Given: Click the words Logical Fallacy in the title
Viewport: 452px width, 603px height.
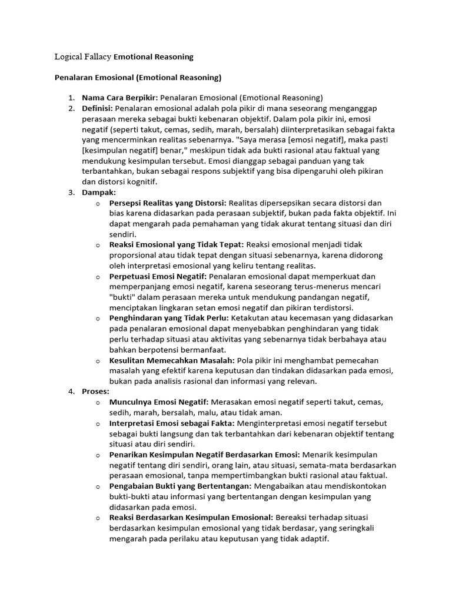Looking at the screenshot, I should (82, 57).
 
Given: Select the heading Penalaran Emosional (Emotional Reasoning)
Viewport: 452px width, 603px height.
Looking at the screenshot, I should (138, 77).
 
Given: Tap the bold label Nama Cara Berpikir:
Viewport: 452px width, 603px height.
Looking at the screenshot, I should (120, 98).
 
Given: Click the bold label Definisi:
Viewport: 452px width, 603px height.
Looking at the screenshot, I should (98, 108).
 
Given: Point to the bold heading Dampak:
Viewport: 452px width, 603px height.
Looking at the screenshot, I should (99, 192).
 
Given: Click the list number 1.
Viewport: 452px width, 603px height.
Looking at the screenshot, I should (71, 98).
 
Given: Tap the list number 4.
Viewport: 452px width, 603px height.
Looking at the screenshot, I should (71, 391).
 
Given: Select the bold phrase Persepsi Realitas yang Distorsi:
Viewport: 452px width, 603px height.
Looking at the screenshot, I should (168, 203).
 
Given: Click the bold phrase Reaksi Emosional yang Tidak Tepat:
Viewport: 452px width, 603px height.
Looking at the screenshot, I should (177, 244).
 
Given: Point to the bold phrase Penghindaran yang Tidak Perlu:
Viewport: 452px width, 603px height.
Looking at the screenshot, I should (169, 318).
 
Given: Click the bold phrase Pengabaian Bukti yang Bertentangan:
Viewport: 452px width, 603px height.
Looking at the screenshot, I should (180, 486).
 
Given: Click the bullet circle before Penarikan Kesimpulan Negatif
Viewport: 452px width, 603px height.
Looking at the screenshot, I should (98, 455).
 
